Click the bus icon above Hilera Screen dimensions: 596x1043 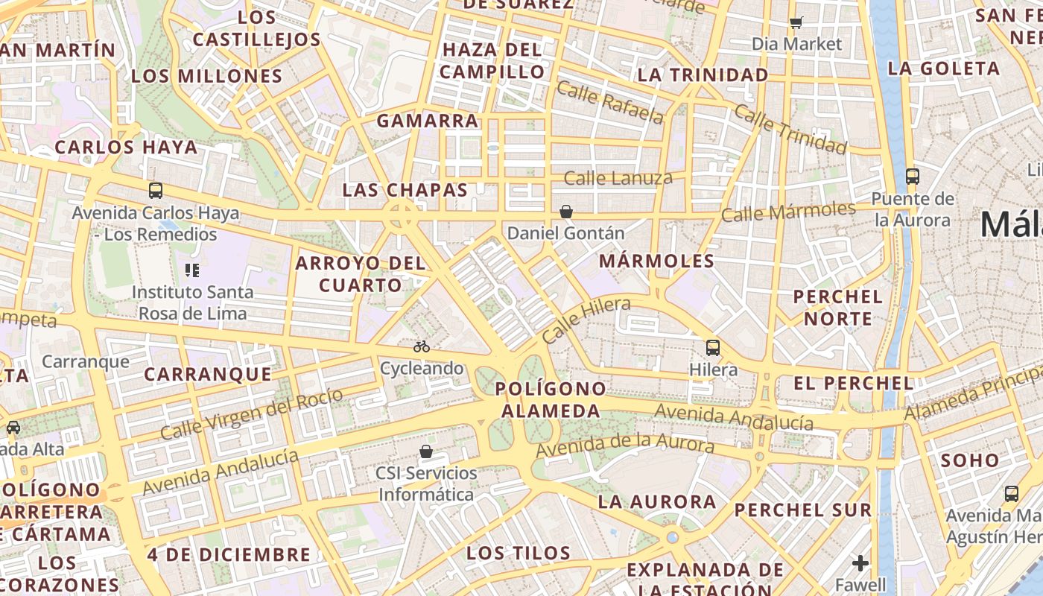(713, 347)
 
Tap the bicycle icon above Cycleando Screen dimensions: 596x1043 (422, 346)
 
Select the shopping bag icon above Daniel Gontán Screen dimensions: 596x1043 (566, 212)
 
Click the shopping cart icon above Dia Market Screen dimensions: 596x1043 (796, 22)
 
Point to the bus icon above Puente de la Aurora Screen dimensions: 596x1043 (912, 177)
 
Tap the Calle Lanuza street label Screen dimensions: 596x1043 (618, 178)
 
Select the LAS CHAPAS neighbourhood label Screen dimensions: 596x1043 (405, 190)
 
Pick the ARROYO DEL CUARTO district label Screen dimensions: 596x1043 (361, 273)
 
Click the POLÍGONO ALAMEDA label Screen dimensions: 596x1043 (551, 399)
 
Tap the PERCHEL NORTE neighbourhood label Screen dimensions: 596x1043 (837, 308)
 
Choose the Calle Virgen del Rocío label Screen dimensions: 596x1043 (252, 413)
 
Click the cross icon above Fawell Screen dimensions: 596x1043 (860, 562)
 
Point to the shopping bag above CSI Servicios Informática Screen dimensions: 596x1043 (426, 451)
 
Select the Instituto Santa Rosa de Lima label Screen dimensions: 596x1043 (192, 302)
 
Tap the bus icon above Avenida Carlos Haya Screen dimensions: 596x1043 (155, 191)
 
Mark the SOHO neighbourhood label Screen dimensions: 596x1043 (969, 460)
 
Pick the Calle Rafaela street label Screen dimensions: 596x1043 (609, 103)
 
